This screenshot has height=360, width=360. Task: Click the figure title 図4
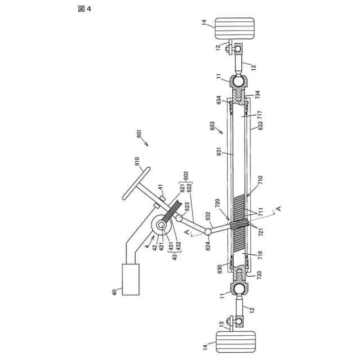point(75,9)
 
